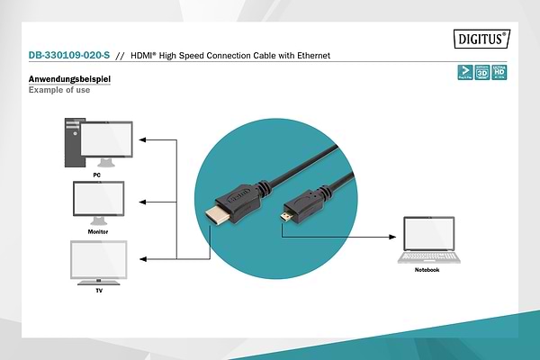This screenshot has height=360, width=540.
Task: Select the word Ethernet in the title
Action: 311,56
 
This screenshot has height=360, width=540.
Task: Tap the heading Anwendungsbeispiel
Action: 69,80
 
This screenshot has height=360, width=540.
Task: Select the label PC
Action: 97,174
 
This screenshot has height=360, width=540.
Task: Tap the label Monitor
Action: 98,231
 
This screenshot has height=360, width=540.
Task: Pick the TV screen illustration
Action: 98,262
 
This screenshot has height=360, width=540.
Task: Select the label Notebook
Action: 427,270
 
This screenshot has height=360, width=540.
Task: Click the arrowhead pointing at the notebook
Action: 392,238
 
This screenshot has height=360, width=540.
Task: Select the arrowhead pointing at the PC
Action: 145,140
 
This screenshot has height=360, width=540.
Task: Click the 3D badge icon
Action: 481,71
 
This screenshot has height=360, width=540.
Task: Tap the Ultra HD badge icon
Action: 498,71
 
